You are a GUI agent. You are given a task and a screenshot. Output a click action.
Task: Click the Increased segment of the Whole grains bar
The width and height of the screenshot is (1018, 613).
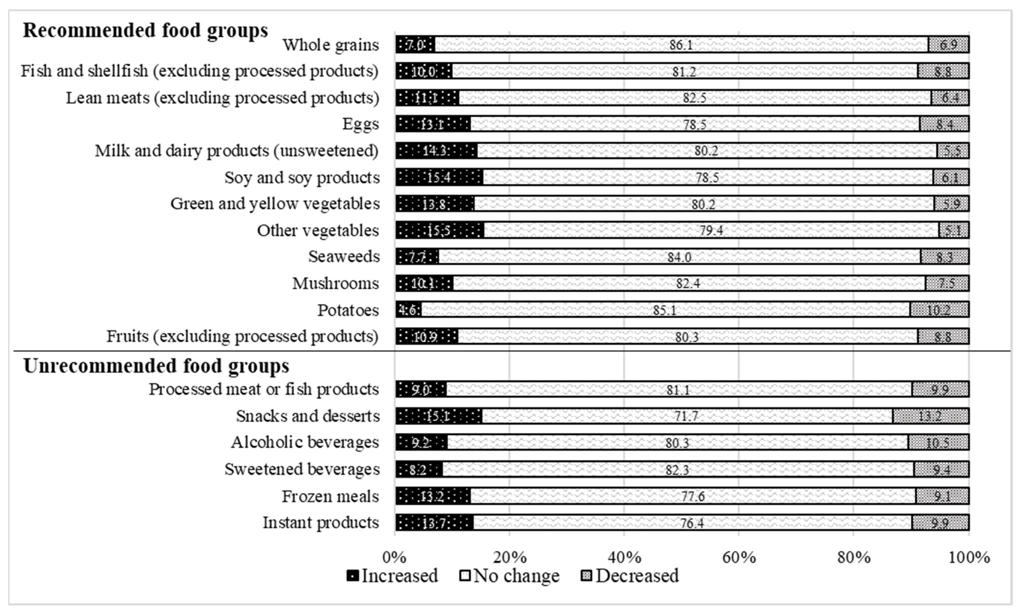pyautogui.click(x=415, y=45)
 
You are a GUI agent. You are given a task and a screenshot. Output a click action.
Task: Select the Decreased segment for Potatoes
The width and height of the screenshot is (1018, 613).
pyautogui.click(x=939, y=310)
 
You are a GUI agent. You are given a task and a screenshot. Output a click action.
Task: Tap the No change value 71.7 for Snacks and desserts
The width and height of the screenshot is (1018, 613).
pyautogui.click(x=686, y=416)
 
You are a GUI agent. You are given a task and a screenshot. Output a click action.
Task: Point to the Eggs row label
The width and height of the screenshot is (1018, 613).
pyautogui.click(x=360, y=124)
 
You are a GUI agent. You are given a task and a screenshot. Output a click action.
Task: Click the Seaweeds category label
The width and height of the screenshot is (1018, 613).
pyautogui.click(x=344, y=257)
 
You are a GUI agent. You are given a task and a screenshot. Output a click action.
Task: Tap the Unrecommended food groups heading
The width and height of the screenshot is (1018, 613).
pyautogui.click(x=156, y=366)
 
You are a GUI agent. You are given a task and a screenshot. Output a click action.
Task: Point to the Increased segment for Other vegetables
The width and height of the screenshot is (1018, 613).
pyautogui.click(x=440, y=230)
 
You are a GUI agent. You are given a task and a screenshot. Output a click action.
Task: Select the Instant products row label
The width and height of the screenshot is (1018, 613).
pyautogui.click(x=321, y=523)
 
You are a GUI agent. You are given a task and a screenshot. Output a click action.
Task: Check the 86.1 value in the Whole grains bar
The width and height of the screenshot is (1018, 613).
pyautogui.click(x=681, y=45)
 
